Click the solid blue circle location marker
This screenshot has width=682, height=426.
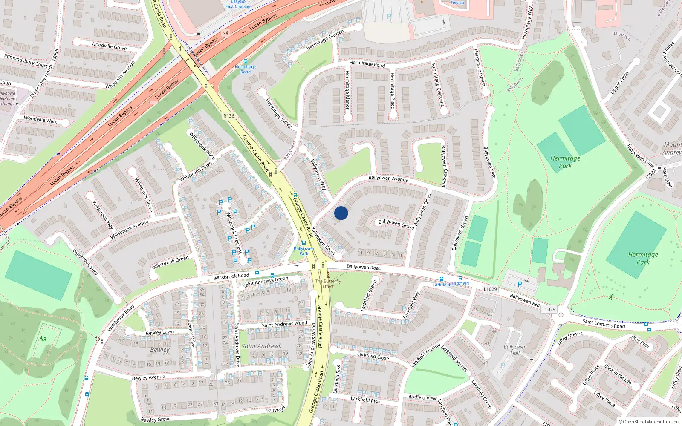click(341, 213)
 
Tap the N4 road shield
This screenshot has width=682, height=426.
click(225, 33)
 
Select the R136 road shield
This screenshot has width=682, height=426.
click(229, 116)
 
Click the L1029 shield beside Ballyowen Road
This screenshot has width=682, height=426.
click(490, 289)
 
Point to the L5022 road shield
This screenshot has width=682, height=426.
click(651, 174)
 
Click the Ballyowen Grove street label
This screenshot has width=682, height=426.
click(396, 224)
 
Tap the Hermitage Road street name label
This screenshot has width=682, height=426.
click(367, 64)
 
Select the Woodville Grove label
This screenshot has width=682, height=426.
click(109, 46)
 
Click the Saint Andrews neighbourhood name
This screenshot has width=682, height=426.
click(261, 346)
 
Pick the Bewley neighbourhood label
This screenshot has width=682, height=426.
click(160, 350)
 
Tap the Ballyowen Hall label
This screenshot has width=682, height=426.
click(515, 350)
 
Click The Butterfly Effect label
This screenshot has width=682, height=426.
click(328, 284)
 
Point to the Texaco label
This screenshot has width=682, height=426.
click(457, 3)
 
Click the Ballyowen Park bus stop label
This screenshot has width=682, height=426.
click(303, 251)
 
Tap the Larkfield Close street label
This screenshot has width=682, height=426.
click(373, 356)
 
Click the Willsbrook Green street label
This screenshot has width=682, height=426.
click(170, 262)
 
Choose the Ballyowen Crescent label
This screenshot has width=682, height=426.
click(443, 166)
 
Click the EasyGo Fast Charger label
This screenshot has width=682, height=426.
click(238, 4)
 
